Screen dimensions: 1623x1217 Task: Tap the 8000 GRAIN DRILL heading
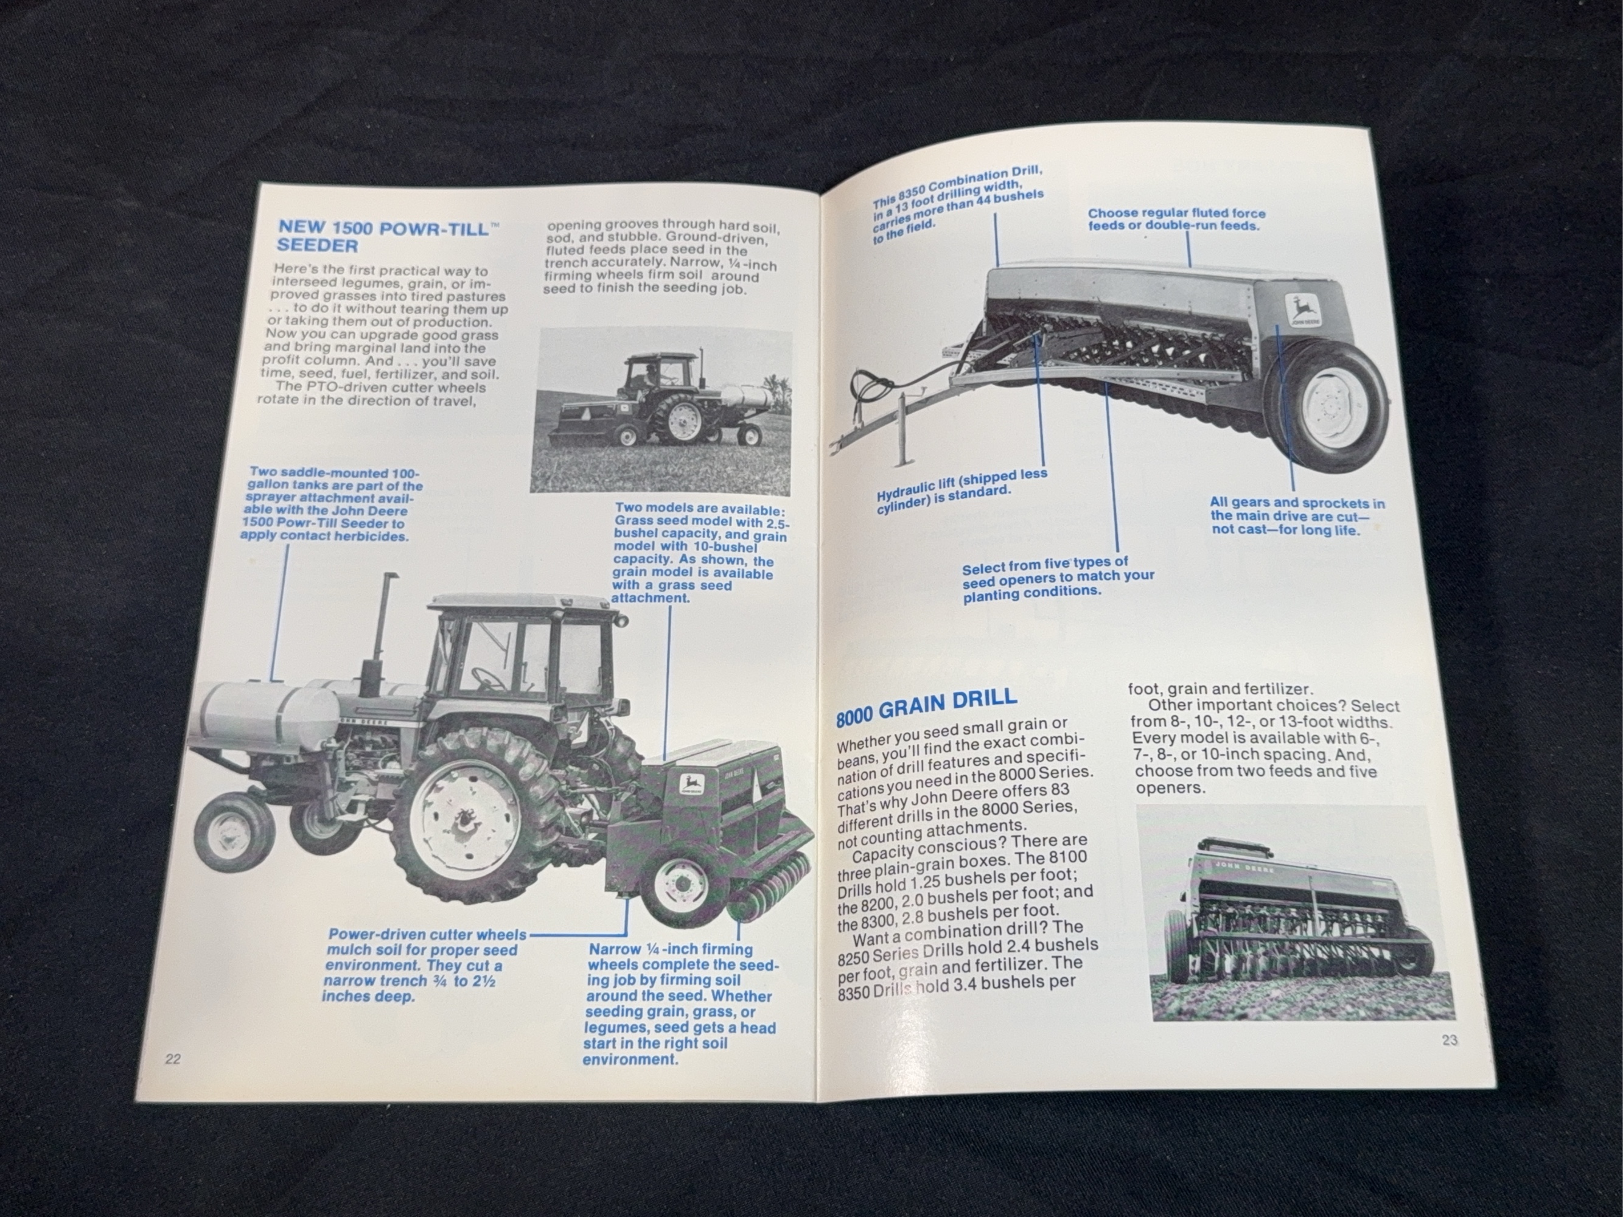tap(927, 704)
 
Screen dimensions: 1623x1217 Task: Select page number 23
tap(1450, 1039)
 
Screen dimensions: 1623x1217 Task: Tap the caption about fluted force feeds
tap(1176, 219)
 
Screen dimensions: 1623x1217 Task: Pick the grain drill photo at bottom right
tap(1294, 913)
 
